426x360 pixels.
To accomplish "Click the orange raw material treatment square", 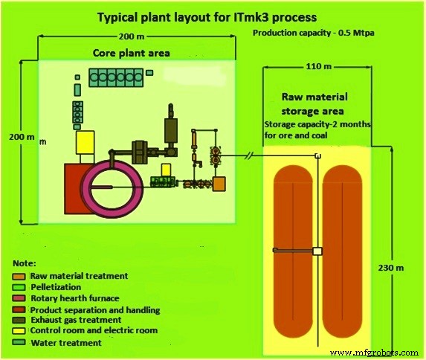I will pyautogui.click(x=220, y=183).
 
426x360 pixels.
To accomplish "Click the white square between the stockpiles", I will pyautogui.click(x=317, y=252).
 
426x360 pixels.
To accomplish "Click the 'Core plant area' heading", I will pyautogui.click(x=131, y=54).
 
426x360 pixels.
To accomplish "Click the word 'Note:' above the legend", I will pyautogui.click(x=26, y=263).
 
